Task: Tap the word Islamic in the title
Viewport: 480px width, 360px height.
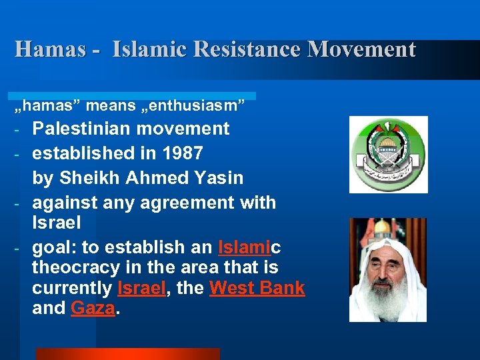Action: [146, 49]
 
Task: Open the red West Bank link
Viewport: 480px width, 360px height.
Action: [257, 289]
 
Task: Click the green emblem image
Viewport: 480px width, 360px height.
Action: [388, 154]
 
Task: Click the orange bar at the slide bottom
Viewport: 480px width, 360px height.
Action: [127, 353]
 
